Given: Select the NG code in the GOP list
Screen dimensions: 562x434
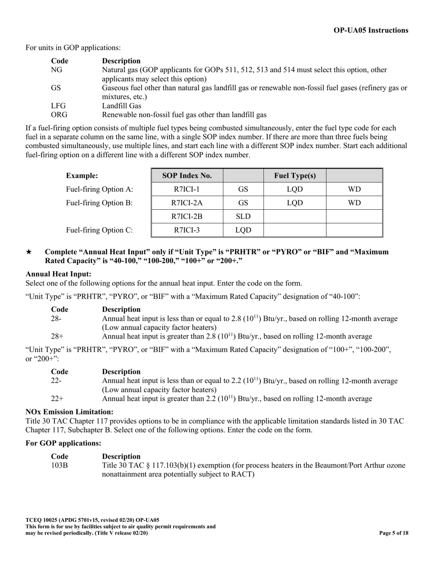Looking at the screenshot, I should point(57,70).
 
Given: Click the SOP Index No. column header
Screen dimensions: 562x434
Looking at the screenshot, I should point(186,175).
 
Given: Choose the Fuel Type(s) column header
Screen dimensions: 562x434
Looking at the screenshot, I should point(295,175).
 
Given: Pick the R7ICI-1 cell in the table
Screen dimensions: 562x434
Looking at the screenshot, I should point(186,189).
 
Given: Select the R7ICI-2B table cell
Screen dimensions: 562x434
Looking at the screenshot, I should point(186,217).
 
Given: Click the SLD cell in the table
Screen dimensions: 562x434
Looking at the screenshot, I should point(243,217).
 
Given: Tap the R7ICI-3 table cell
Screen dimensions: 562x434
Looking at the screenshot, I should point(186,230).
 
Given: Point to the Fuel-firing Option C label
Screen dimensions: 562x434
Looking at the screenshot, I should point(100,230).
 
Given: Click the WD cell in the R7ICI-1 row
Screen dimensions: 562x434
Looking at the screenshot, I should point(354,189).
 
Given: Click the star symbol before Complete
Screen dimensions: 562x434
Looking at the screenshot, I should point(29,252).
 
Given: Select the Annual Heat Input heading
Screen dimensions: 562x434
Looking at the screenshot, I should point(58,274).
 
